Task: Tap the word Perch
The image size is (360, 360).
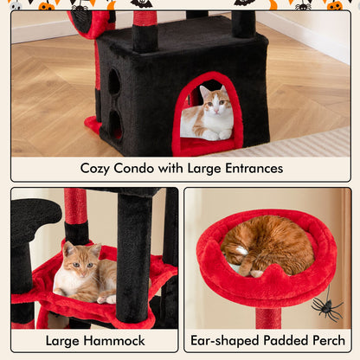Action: point(329,341)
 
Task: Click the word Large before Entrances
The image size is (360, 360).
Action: point(203,168)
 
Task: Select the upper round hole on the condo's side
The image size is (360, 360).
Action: point(113,83)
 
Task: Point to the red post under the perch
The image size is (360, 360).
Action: point(268,317)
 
